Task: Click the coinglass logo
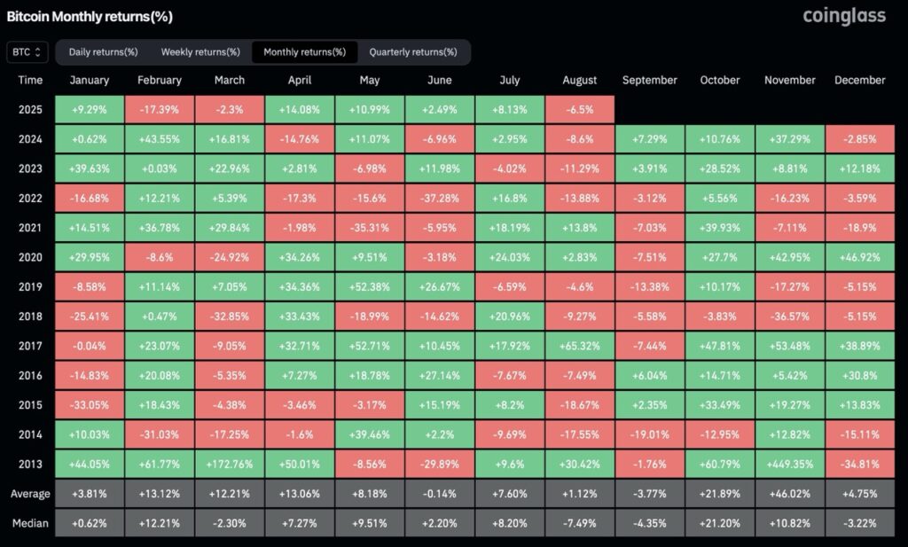click(843, 16)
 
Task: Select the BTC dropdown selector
click(27, 52)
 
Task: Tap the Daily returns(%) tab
click(103, 52)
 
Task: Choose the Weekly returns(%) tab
click(200, 52)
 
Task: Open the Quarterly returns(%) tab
click(413, 52)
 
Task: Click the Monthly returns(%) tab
click(304, 52)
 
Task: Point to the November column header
click(789, 80)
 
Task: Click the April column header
click(300, 80)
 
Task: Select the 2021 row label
click(30, 227)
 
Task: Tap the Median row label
click(30, 522)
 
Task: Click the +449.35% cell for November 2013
click(789, 463)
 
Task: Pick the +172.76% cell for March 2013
click(230, 463)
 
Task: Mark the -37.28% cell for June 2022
click(439, 198)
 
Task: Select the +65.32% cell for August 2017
click(580, 345)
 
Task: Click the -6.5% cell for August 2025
click(580, 109)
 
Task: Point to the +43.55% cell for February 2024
click(160, 138)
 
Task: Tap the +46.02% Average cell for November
click(789, 493)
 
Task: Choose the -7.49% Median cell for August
click(580, 522)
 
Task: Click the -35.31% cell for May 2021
click(370, 227)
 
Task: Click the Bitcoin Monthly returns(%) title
click(90, 16)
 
